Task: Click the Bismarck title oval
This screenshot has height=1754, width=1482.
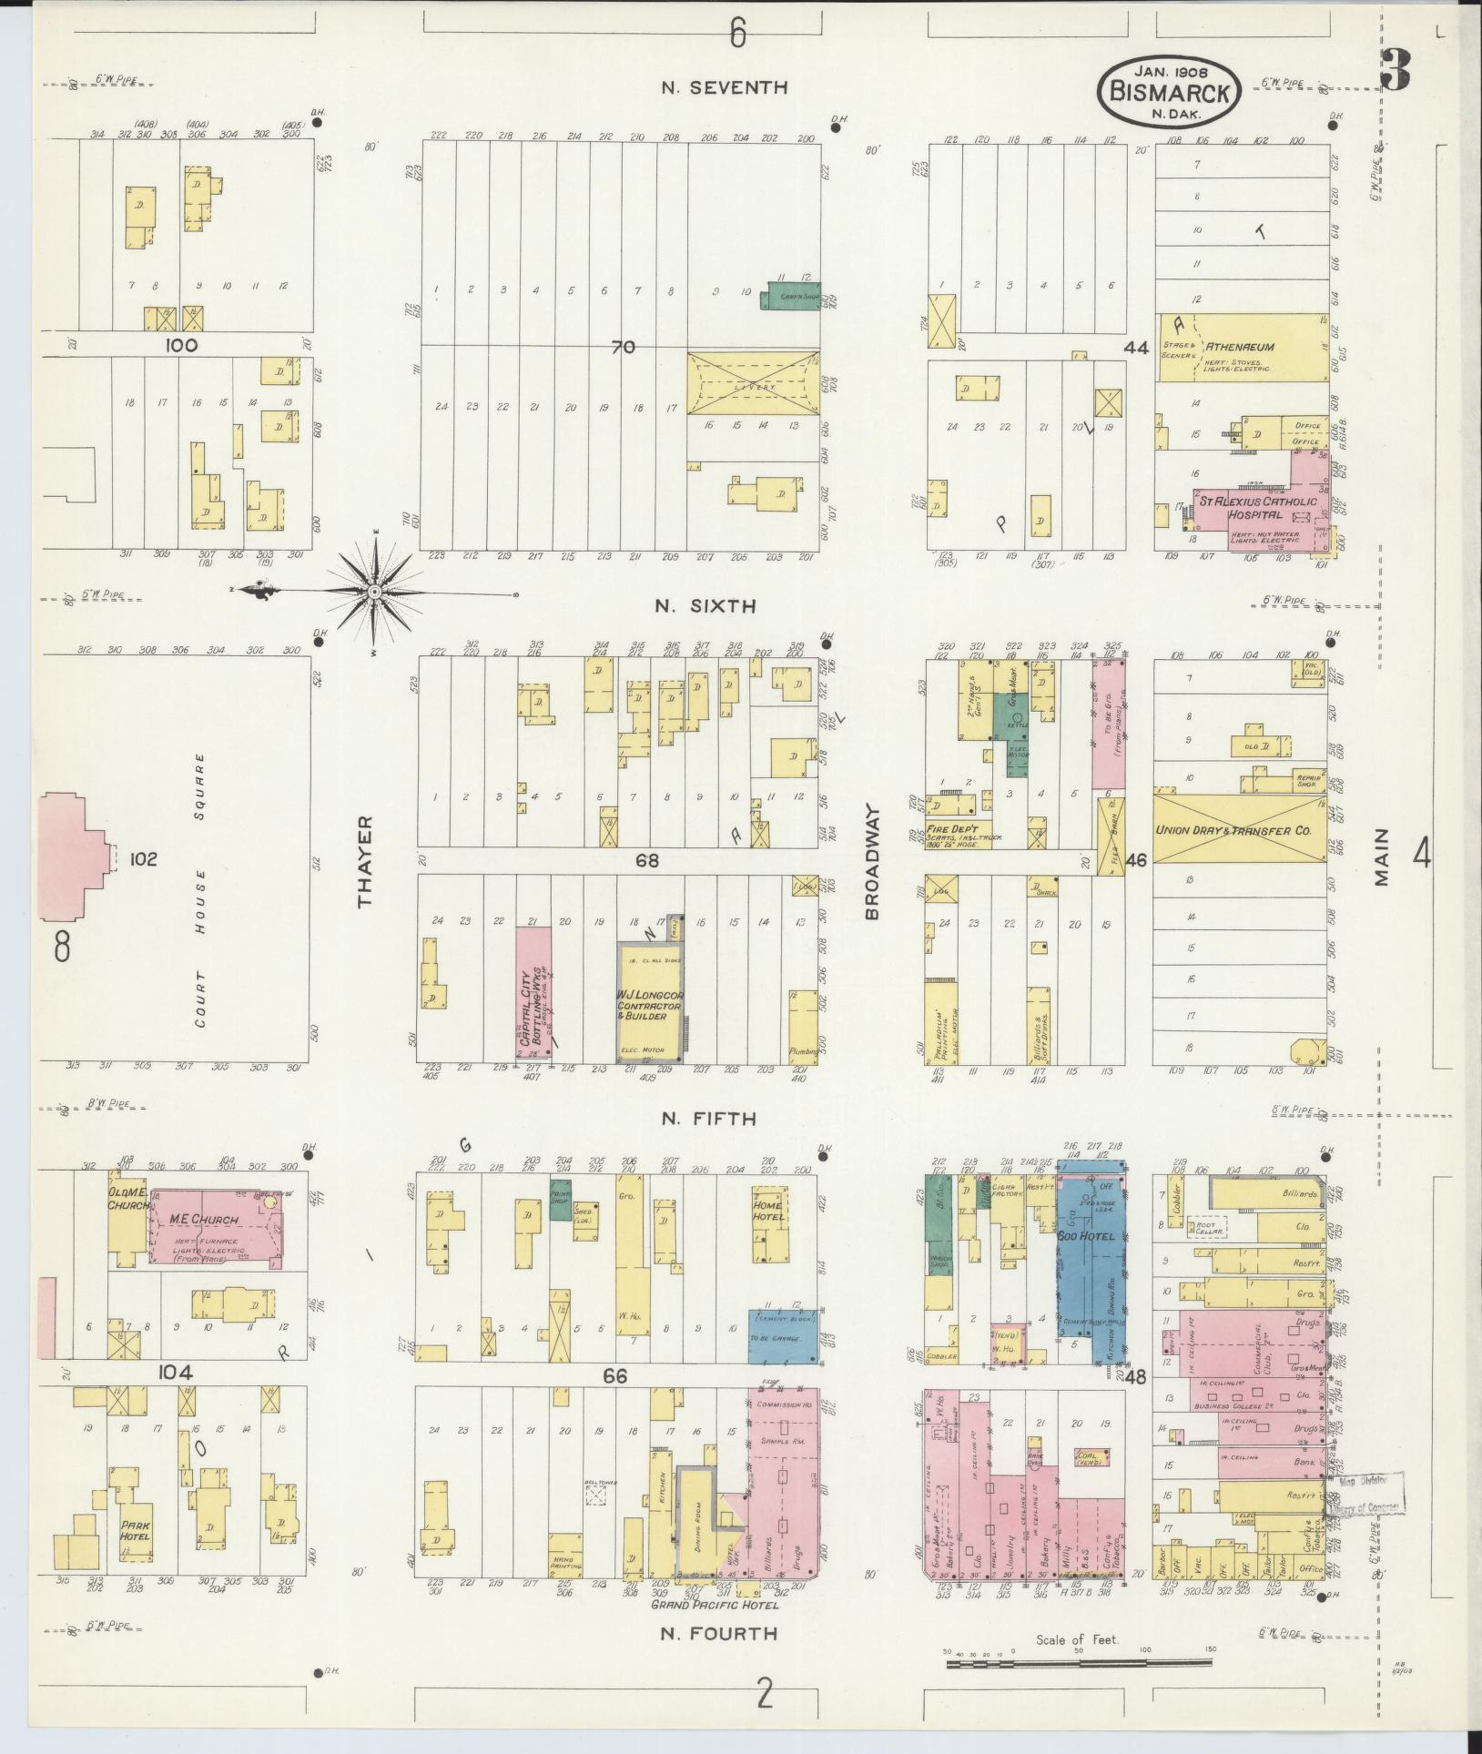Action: (1169, 91)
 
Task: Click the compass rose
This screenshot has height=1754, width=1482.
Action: (373, 593)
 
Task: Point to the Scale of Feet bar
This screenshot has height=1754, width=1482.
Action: (1079, 1663)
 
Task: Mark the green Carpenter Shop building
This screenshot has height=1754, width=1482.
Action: (788, 296)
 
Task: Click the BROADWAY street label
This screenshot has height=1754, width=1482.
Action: (873, 860)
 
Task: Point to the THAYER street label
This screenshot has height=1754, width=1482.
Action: (366, 861)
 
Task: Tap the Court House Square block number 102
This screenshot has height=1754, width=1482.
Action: (144, 858)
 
